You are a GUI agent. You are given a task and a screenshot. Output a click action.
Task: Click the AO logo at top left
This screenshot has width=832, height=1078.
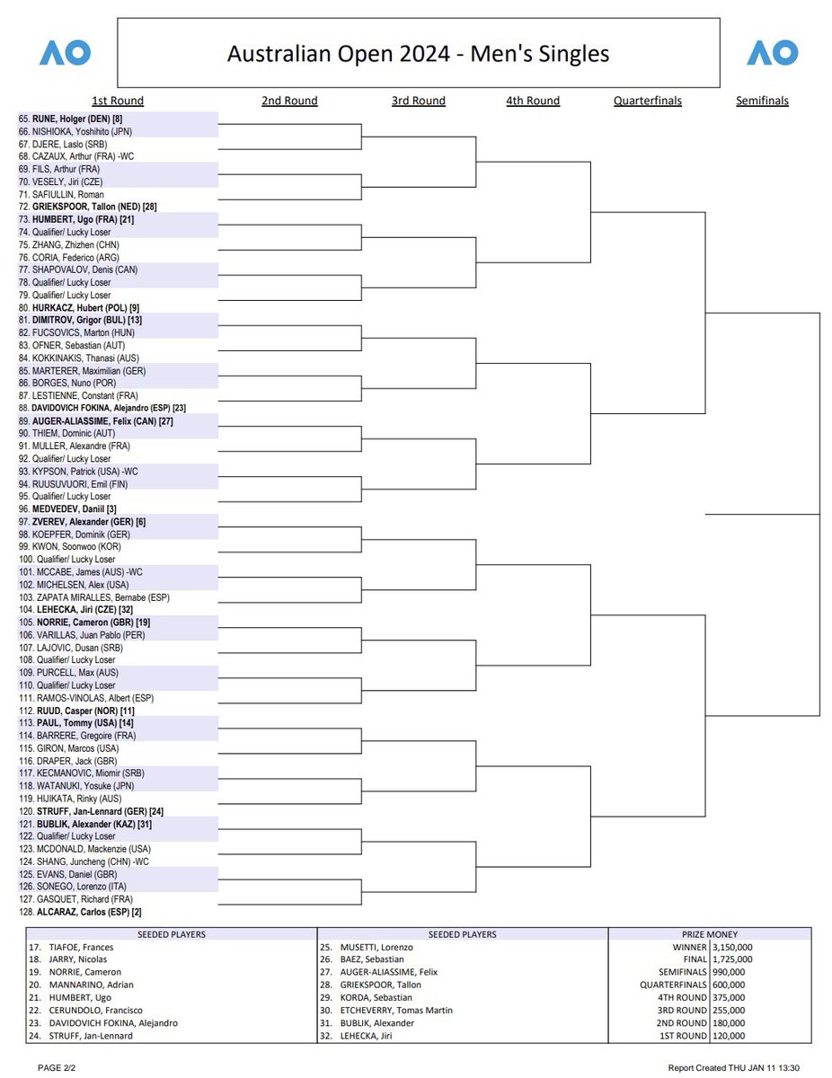click(x=65, y=53)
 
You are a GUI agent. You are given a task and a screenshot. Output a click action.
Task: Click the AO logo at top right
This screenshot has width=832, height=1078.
click(x=772, y=53)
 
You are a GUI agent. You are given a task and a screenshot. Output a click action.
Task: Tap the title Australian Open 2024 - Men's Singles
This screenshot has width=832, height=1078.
click(x=418, y=54)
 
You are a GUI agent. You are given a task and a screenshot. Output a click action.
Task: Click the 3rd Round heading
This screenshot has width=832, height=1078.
click(x=418, y=101)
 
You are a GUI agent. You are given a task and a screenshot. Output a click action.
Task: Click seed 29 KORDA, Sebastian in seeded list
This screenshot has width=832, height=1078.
click(x=377, y=997)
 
